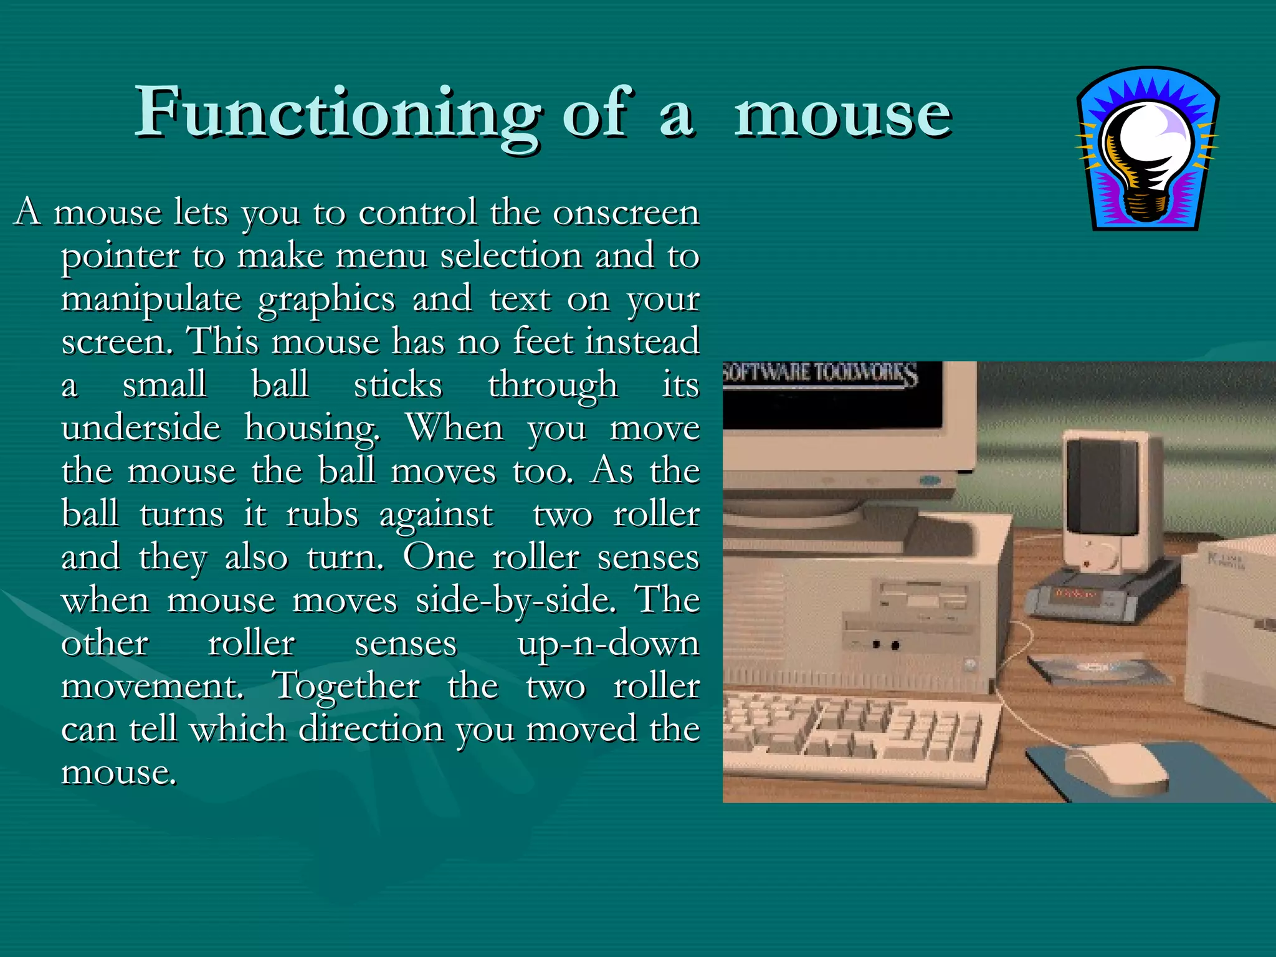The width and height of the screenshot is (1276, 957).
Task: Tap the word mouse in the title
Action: point(842,115)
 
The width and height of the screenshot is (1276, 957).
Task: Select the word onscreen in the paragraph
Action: point(626,212)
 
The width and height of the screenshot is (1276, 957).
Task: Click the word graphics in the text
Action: point(326,300)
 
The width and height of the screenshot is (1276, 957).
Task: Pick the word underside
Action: point(141,428)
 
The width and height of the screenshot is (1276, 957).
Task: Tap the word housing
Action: point(312,429)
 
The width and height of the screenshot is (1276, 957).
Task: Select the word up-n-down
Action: point(608,644)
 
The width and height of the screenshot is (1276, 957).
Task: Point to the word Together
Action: point(347,687)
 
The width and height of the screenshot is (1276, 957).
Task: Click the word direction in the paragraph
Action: point(371,729)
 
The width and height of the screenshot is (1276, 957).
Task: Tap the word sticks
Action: point(398,385)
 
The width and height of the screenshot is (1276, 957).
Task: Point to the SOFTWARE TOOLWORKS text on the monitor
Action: point(820,374)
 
